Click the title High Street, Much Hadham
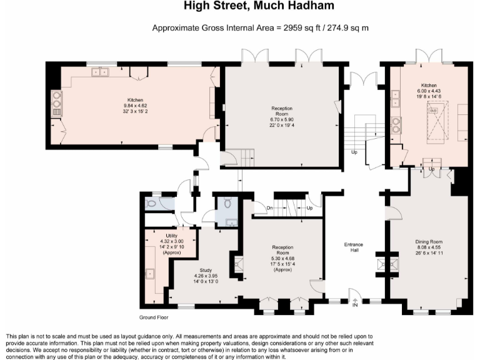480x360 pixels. click(259, 6)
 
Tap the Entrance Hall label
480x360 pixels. click(354, 247)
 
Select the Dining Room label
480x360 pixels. click(429, 241)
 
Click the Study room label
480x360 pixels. click(206, 270)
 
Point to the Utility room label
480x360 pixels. click(171, 236)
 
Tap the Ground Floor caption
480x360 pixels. click(154, 317)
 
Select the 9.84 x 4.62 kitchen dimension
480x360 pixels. click(135, 106)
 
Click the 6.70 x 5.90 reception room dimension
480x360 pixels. click(282, 119)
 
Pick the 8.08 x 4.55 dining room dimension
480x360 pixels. click(429, 247)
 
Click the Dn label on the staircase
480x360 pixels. click(269, 208)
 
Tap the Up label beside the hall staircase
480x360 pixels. click(354, 152)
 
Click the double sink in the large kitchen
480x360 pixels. click(100, 72)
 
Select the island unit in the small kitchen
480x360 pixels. click(438, 121)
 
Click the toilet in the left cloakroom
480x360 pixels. click(151, 203)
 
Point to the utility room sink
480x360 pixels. click(150, 274)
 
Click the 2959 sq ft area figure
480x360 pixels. click(301, 28)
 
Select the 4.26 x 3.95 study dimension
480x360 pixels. click(206, 276)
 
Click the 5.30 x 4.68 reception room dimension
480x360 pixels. click(282, 258)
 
